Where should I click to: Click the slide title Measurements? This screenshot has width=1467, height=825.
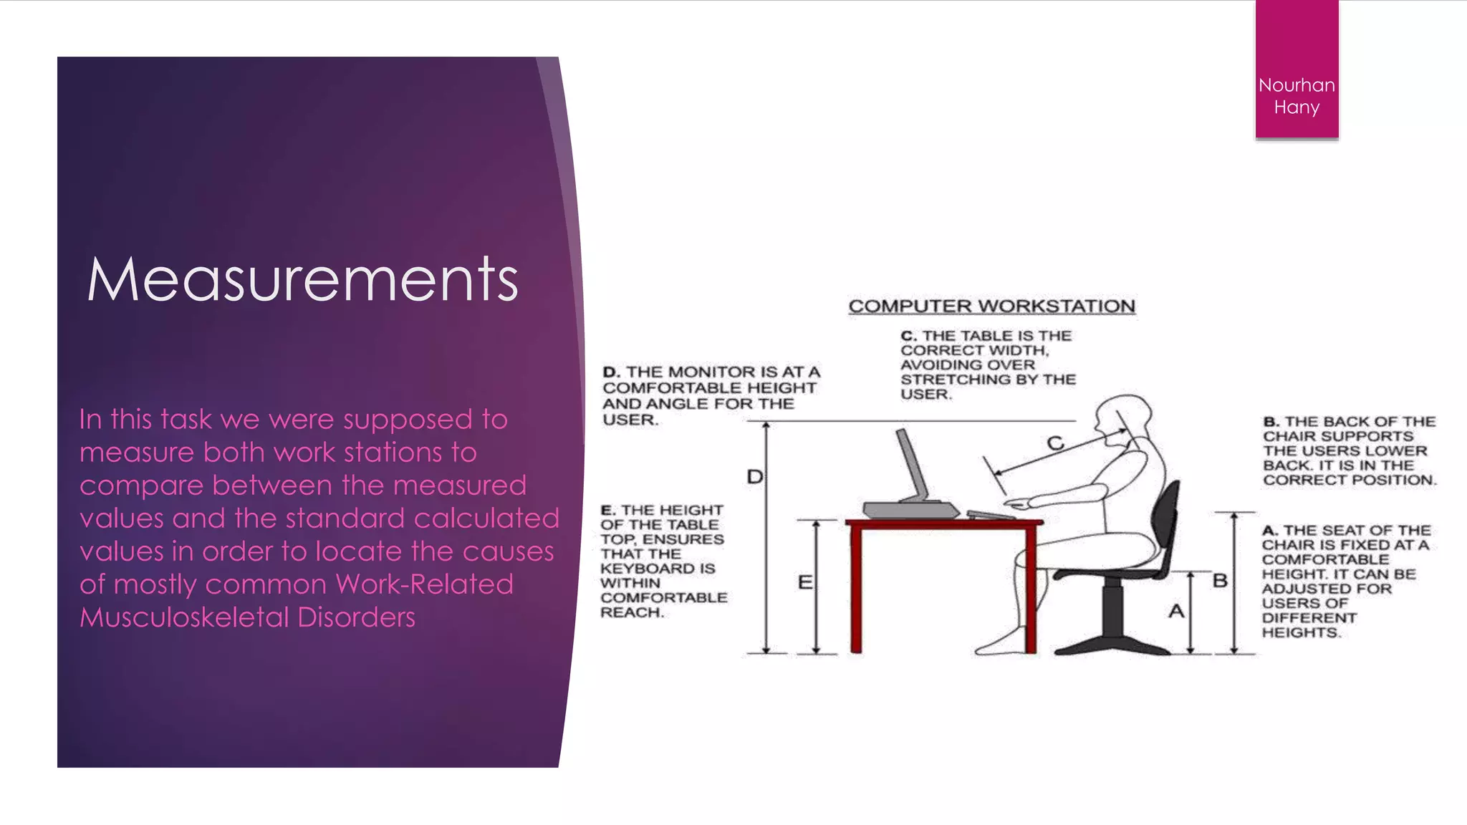coord(302,279)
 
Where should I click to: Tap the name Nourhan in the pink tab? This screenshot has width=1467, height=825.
coord(1297,85)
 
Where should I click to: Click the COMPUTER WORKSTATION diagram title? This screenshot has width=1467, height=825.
coord(991,307)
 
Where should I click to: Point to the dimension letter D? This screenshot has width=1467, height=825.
coord(755,477)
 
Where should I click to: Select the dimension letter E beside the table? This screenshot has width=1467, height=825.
coord(805,582)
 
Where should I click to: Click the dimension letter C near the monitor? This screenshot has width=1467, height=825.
coord(1055,443)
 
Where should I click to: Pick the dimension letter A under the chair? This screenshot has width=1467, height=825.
coord(1176,612)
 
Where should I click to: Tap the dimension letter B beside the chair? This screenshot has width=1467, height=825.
coord(1220,581)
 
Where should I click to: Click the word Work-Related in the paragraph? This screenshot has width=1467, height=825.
coord(425,584)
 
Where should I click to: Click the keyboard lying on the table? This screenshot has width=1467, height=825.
coord(990,514)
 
